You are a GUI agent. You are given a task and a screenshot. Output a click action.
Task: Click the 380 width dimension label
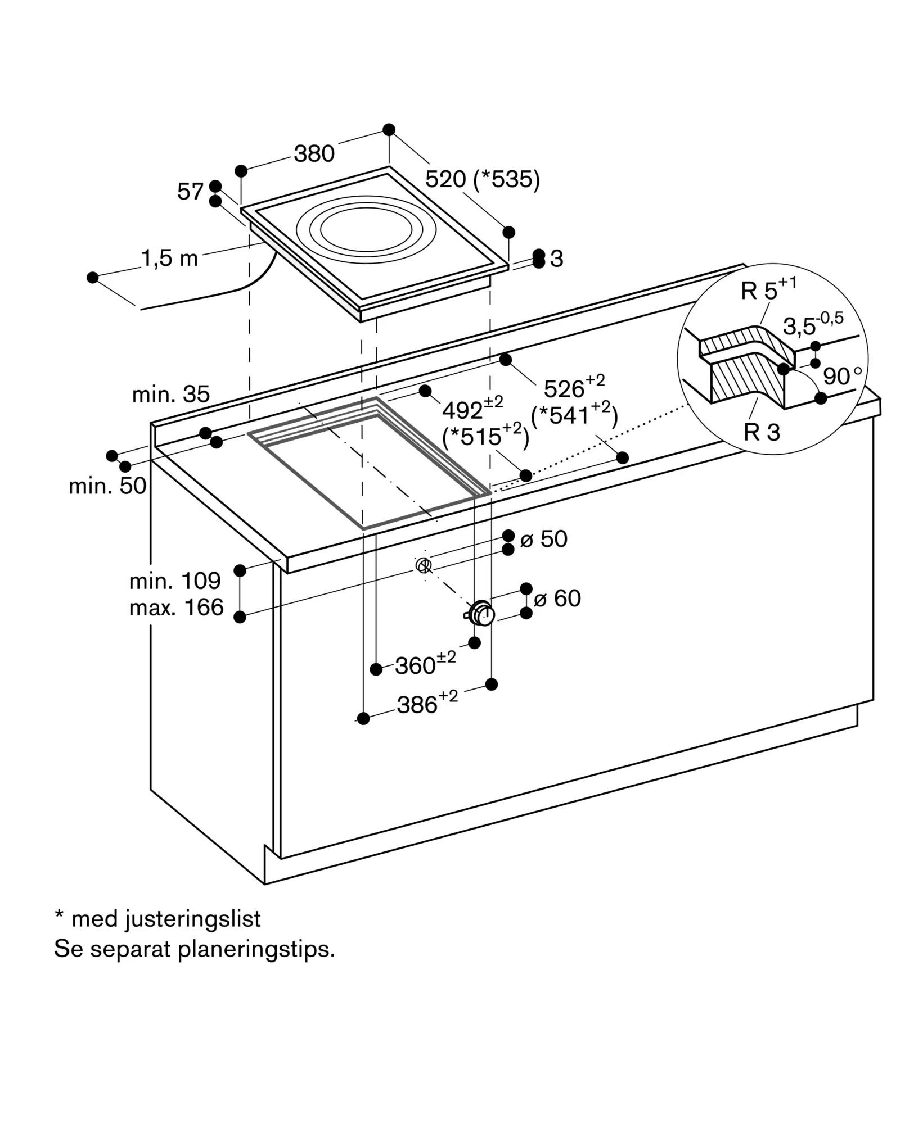pos(314,153)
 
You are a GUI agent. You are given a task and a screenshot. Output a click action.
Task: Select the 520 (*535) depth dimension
pos(483,179)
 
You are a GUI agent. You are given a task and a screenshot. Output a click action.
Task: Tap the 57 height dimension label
pos(190,192)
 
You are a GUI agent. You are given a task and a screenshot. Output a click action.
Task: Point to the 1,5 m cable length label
pos(169,259)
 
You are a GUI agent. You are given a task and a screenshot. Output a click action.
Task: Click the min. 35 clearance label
pos(171,395)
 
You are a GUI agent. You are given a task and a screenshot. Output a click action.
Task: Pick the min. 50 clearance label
pos(107,486)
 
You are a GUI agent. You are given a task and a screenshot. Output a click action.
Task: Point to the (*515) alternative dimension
pos(485,436)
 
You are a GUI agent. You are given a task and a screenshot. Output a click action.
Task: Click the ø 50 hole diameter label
pos(544,539)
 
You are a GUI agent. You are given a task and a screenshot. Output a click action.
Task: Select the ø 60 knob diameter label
pos(557,599)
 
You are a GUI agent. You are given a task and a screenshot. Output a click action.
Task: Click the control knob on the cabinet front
pos(481,613)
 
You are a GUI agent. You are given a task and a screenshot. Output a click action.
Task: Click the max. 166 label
pos(177,608)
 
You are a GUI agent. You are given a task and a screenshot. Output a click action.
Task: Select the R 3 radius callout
pos(762,432)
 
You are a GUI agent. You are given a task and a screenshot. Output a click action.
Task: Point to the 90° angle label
pos(842,375)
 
